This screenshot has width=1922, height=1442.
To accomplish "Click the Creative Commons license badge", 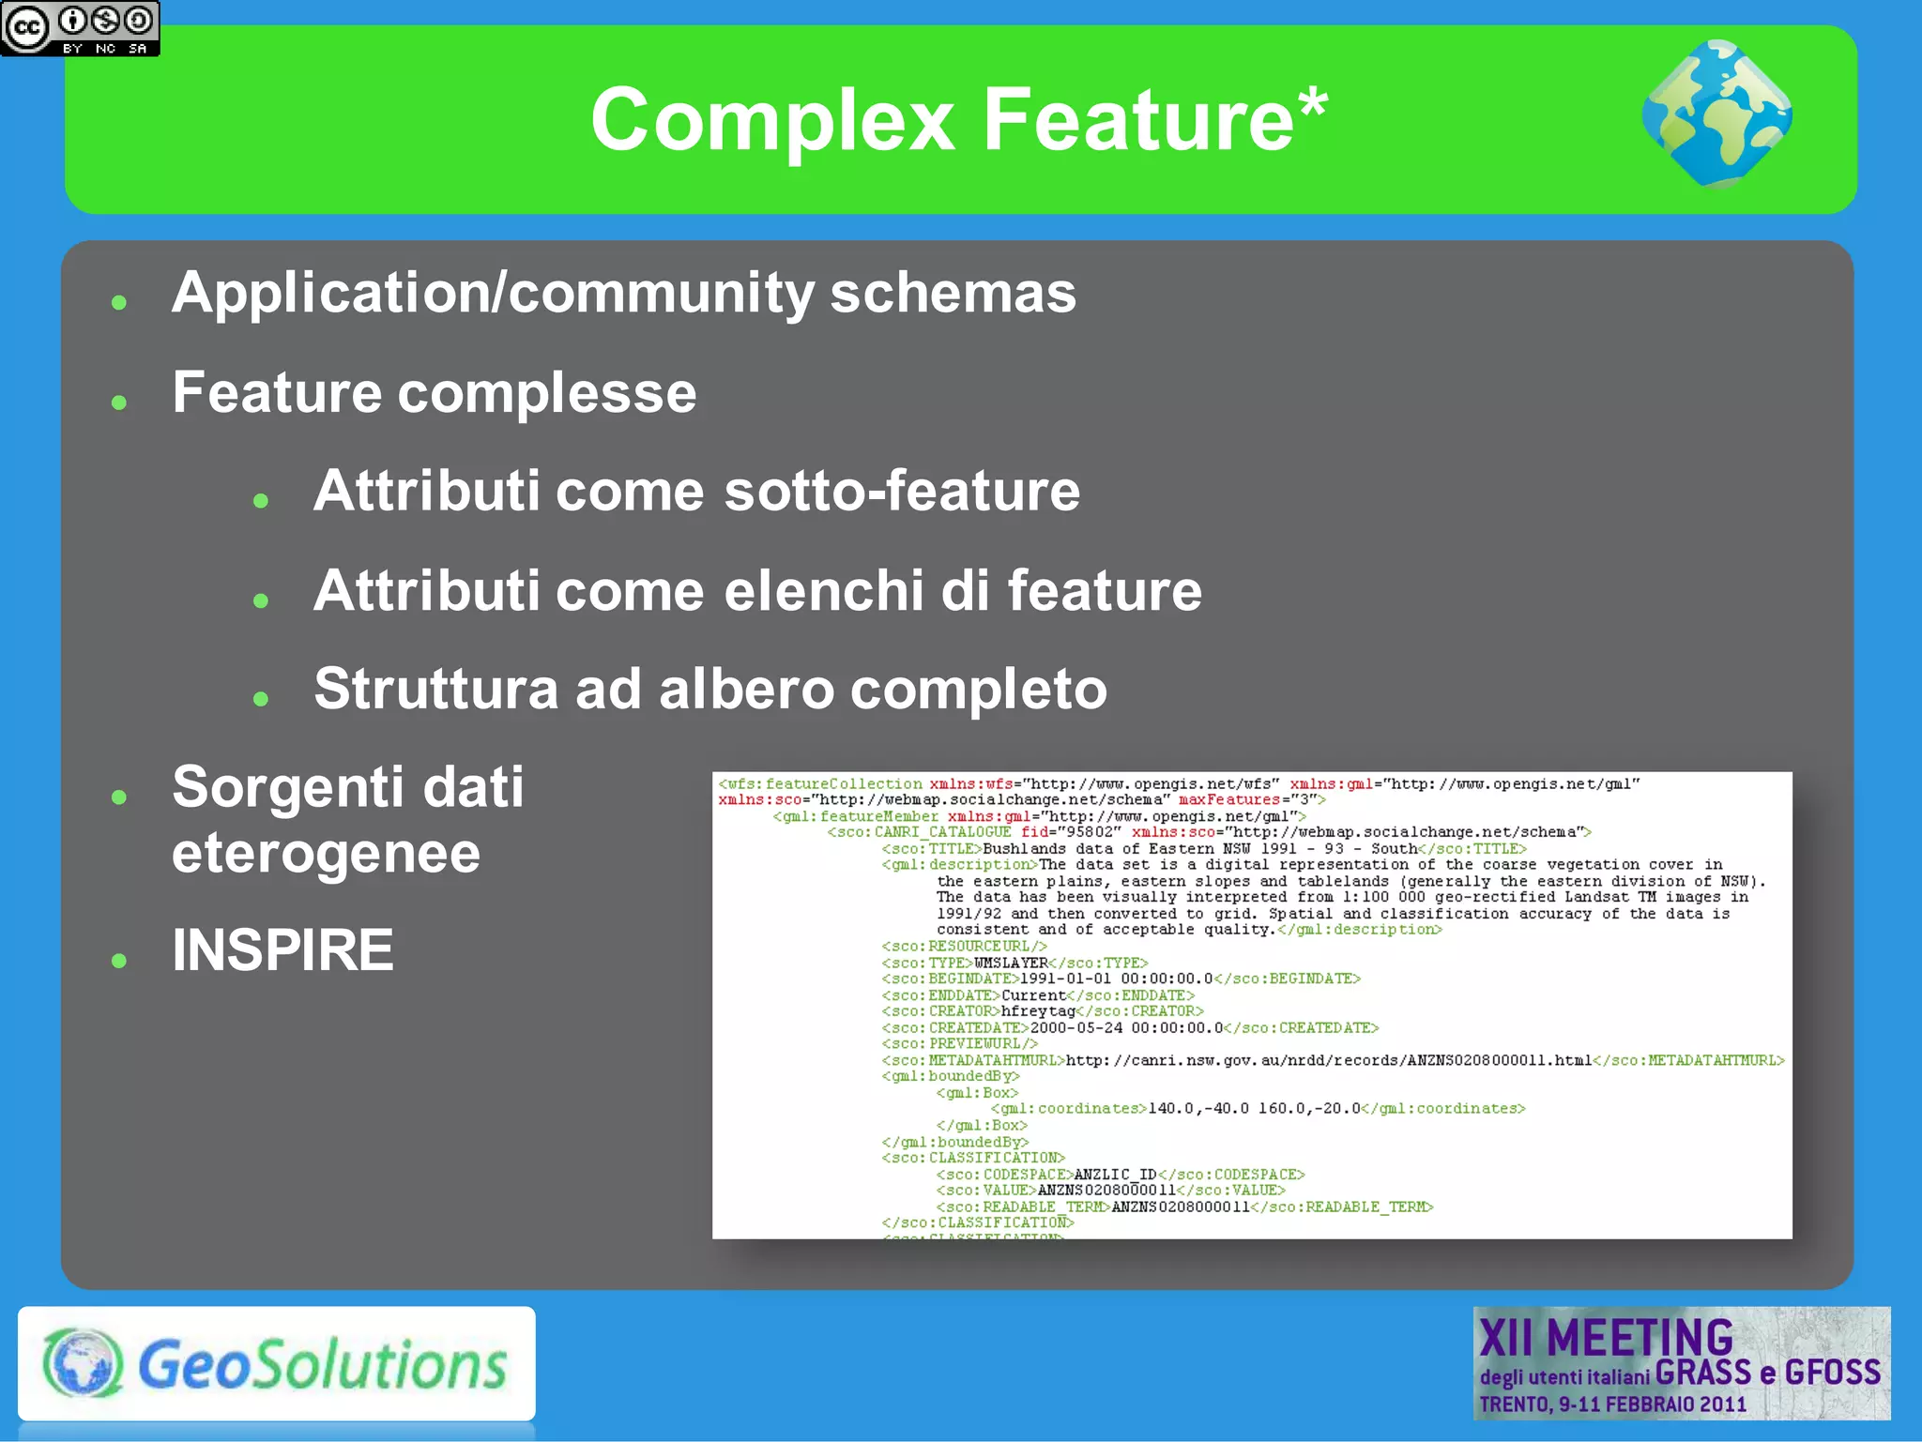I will point(80,28).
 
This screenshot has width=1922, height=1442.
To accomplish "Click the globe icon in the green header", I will point(1716,114).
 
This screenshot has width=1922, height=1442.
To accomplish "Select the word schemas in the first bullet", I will point(953,293).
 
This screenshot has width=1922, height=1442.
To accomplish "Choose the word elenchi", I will point(824,590).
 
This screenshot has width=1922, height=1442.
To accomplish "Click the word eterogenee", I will point(326,853).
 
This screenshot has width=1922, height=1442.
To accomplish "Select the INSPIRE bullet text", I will point(282,950).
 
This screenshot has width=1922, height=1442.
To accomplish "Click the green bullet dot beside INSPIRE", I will point(118,960).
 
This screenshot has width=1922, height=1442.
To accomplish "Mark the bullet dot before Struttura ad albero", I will point(261,698).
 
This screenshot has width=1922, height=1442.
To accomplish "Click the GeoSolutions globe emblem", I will point(83,1363).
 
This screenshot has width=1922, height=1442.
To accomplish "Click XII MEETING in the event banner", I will point(1606,1338).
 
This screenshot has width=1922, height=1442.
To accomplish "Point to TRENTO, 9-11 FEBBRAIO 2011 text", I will point(1612,1404).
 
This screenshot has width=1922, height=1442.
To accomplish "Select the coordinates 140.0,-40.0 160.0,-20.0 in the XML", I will point(1254,1109).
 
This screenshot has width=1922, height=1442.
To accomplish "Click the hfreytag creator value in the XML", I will point(1038,1011).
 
